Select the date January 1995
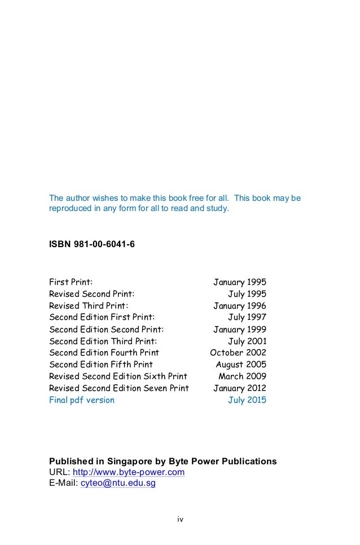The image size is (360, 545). tap(239, 282)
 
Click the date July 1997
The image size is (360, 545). tap(247, 317)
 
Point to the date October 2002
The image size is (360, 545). tap(238, 353)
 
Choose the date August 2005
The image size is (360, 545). tap(241, 364)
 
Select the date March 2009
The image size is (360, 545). tap(242, 376)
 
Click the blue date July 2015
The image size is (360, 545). tap(247, 400)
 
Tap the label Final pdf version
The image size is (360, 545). tap(82, 400)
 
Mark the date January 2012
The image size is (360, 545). tap(239, 388)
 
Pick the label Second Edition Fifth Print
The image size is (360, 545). tap(101, 364)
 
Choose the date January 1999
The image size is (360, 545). tap(239, 329)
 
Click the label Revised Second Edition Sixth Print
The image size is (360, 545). tap(118, 376)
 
